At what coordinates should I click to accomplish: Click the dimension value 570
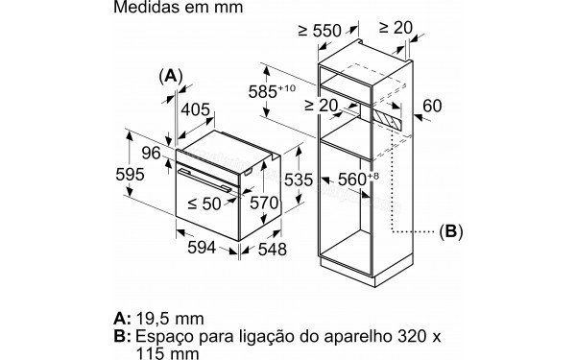(x=263, y=203)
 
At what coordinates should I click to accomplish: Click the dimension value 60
(x=430, y=104)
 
